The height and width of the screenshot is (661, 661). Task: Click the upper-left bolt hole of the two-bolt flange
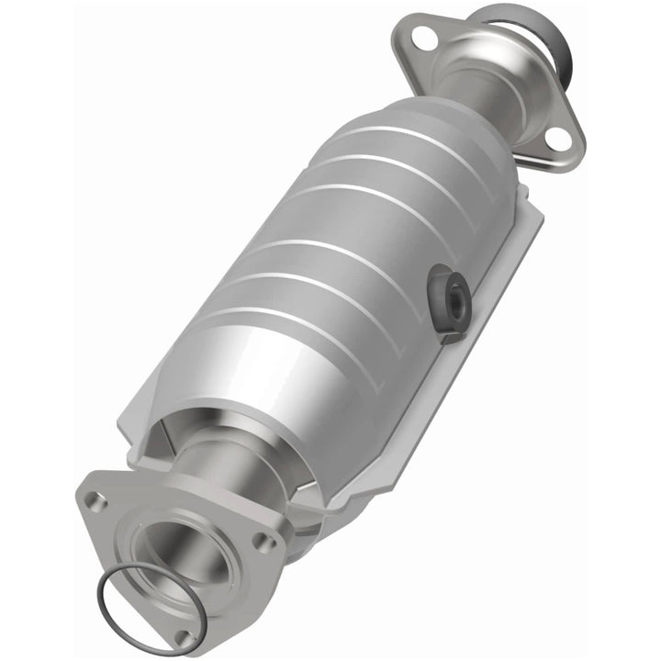[x=423, y=39]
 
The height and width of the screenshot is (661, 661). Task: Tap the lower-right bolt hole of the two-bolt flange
[x=556, y=138]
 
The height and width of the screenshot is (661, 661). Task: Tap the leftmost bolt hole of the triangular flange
[x=93, y=500]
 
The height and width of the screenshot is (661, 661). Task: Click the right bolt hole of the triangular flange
[x=266, y=543]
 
